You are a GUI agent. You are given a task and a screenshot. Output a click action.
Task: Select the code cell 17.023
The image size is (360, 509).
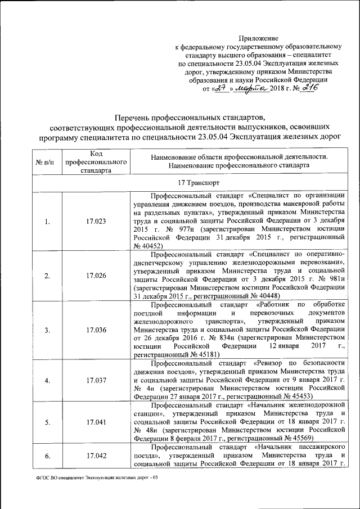pos(97,221)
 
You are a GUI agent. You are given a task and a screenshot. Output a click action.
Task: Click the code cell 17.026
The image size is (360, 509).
pos(97,276)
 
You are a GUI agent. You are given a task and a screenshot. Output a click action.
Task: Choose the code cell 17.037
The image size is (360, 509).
pos(97,381)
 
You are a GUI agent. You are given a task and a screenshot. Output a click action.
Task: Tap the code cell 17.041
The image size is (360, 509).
pos(97,422)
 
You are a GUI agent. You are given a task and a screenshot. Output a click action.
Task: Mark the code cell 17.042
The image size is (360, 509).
pos(97,456)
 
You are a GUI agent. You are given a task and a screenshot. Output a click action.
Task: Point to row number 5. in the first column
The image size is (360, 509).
pos(47,422)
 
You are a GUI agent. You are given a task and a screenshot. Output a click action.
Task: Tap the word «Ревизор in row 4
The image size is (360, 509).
pos(271,363)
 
